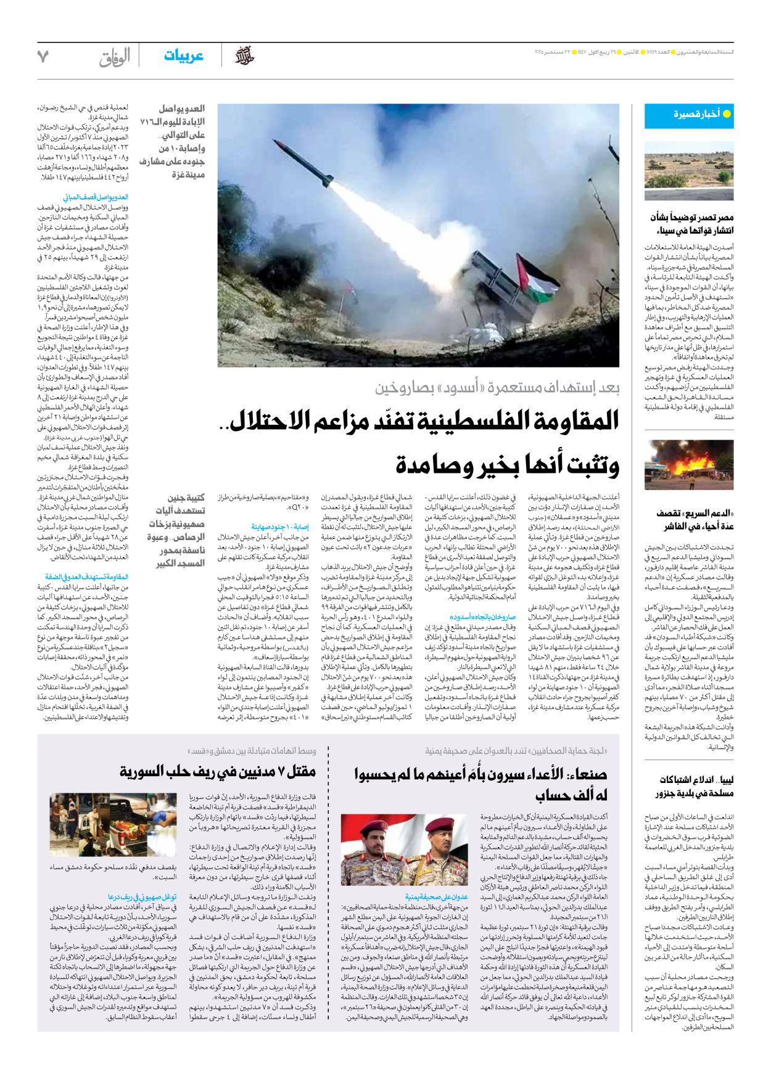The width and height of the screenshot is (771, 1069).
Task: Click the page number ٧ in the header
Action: click(x=43, y=57)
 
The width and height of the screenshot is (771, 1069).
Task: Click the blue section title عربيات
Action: click(x=183, y=56)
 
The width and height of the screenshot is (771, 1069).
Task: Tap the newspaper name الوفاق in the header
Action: click(x=115, y=57)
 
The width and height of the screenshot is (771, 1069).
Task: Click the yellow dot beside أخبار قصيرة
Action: click(x=727, y=114)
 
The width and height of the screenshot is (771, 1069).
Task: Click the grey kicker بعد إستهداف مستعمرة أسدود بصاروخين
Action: click(x=497, y=387)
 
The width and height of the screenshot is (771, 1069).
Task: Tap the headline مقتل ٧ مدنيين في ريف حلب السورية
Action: click(x=218, y=771)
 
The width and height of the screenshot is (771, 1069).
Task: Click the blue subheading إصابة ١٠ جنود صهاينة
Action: click(x=279, y=526)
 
